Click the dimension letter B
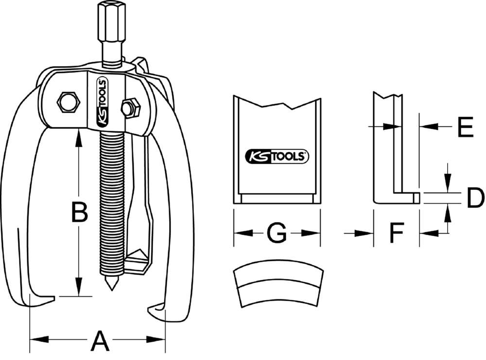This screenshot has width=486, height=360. coord(79,212)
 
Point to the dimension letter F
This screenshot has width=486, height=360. coord(397,234)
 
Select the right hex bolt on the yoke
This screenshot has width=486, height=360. coord(130,108)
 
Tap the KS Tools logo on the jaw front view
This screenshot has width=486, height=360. coord(277,156)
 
